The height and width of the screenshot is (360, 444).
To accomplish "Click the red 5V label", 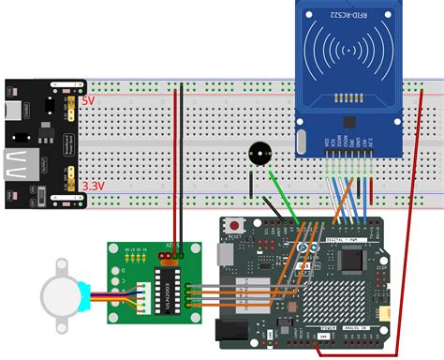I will [88, 99].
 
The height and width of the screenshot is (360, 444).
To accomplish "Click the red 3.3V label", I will [91, 187].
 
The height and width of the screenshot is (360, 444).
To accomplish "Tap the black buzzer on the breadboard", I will [258, 154].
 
